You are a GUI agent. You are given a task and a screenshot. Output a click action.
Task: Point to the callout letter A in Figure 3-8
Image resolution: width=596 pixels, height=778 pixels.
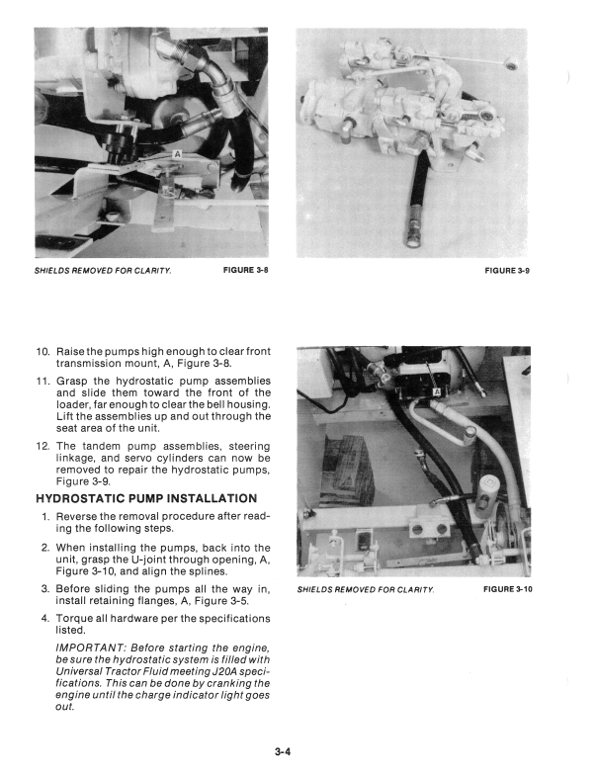177,154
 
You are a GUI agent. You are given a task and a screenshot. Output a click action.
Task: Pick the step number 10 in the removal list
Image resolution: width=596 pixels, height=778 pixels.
43,352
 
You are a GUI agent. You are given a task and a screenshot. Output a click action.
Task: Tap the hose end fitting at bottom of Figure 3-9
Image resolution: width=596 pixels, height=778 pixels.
408,237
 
